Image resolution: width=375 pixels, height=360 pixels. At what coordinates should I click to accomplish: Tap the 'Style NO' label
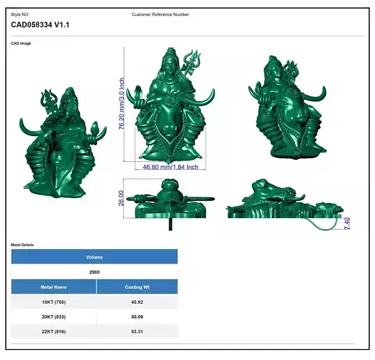(x=19, y=14)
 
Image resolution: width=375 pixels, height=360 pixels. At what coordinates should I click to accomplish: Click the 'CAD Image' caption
(x=21, y=43)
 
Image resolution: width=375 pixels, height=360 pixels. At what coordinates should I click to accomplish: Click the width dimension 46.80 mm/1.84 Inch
(x=170, y=167)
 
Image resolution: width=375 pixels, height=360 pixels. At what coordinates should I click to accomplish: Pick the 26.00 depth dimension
(x=122, y=197)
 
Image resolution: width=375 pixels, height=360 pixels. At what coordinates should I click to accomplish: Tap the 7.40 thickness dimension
(x=347, y=222)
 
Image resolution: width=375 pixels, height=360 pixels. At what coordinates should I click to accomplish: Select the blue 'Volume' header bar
(x=94, y=257)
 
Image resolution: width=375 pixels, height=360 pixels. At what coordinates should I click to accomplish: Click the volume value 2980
(x=94, y=272)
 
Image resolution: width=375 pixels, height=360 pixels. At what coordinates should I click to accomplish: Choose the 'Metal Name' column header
(x=54, y=287)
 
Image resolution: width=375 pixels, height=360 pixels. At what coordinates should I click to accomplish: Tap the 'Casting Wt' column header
(x=137, y=287)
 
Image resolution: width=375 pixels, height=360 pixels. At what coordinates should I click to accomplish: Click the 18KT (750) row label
(x=54, y=302)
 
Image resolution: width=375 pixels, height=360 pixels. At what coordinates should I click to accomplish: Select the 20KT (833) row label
(x=54, y=318)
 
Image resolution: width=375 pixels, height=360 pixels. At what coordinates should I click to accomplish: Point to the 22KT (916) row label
(x=54, y=332)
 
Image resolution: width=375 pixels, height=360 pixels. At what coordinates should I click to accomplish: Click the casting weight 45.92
(x=137, y=302)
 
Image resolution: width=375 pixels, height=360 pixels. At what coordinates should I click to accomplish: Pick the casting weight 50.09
(x=137, y=318)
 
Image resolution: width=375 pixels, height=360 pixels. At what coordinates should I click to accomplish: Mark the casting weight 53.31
(x=137, y=332)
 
